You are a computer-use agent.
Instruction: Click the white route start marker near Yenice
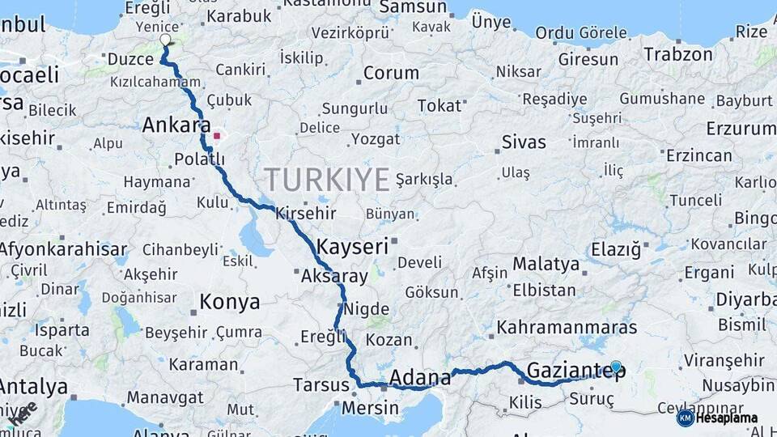[x=166, y=40]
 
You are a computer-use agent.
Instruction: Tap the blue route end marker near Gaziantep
[x=616, y=367]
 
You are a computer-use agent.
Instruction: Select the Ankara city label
[x=171, y=125]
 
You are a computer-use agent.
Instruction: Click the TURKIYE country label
[x=327, y=179]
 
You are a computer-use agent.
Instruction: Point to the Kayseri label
[x=353, y=247]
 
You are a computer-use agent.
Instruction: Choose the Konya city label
[x=230, y=303]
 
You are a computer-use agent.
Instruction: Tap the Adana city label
[x=420, y=378]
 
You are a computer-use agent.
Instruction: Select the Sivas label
[x=524, y=142]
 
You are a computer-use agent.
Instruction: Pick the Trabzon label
[x=678, y=55]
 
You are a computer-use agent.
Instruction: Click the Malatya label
[x=546, y=265]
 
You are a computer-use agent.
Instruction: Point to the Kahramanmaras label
[x=567, y=328]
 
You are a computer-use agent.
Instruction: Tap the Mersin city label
[x=370, y=407]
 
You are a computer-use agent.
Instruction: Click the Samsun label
[x=413, y=8]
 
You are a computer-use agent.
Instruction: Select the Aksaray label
[x=334, y=276]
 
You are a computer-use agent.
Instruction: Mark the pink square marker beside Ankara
[x=217, y=136]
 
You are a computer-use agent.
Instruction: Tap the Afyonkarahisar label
[x=63, y=249]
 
